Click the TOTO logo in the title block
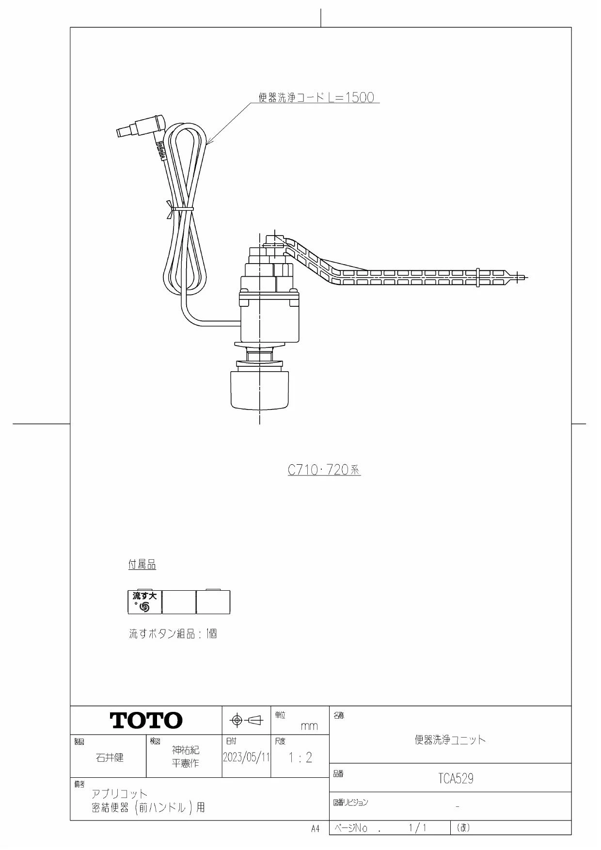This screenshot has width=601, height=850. pos(146,721)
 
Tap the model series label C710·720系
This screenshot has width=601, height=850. pos(324,470)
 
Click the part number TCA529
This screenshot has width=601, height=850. pos(456,778)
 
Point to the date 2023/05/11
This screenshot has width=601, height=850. pos(246,757)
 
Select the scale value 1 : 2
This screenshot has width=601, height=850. pos(300,758)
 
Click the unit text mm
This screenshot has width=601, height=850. pos(309,726)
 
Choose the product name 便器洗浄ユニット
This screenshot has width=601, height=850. pos(450,740)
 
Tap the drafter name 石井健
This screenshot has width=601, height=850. pos(110,757)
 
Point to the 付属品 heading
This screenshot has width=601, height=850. pos(142,565)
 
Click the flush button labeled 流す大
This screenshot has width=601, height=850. pos(144,602)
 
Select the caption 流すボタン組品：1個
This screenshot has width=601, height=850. pos(173,633)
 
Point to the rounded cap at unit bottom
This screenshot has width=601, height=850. pos(260,390)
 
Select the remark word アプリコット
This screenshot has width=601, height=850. pos(119,794)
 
